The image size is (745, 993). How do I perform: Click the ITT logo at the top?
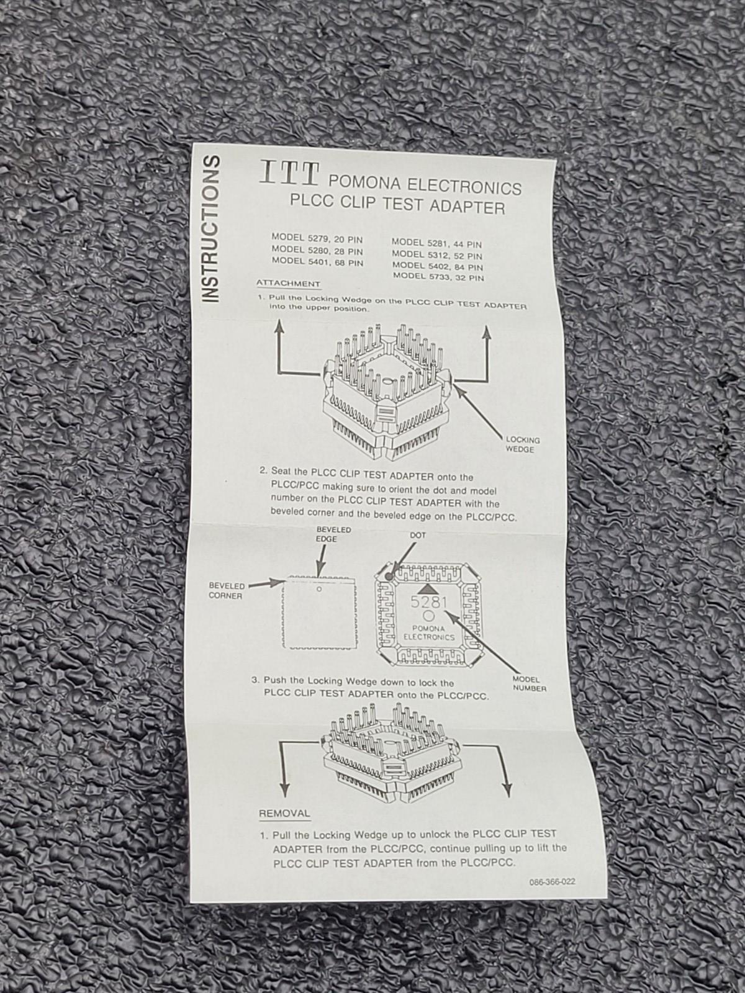289,174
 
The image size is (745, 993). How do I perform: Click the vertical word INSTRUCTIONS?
211,229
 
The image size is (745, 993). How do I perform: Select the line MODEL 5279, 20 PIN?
317,239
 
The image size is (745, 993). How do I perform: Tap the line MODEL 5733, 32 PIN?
438,277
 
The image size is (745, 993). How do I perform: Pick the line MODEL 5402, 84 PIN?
438,266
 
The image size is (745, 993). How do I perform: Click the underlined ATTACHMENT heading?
288,284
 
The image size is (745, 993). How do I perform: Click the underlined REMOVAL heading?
284,814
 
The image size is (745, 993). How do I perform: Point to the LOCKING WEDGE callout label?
523,444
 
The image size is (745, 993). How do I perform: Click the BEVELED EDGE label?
333,534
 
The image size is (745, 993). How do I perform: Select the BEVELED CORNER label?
226,591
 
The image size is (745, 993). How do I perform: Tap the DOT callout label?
418,535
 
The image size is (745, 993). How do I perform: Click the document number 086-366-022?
552,882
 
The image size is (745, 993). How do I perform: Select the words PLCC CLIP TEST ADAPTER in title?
397,204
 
